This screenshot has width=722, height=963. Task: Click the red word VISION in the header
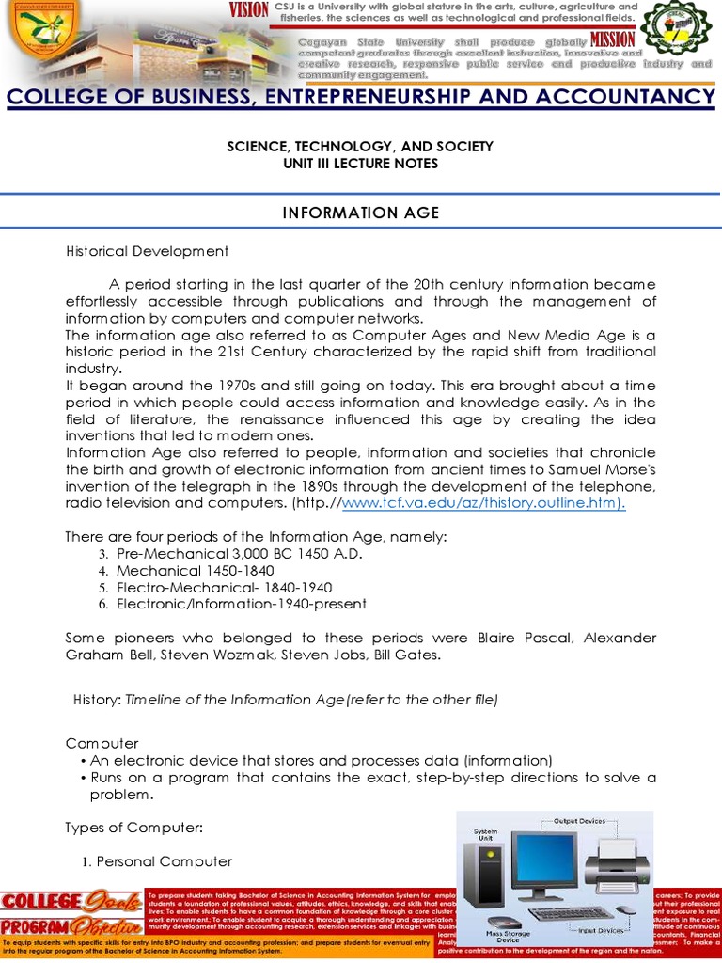(249, 10)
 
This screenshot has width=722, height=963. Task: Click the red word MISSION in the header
(613, 40)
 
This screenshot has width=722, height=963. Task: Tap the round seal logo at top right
(678, 37)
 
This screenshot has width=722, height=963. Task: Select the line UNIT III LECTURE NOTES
(360, 164)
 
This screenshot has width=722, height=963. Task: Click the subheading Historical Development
(147, 251)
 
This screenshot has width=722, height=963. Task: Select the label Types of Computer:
(133, 828)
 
